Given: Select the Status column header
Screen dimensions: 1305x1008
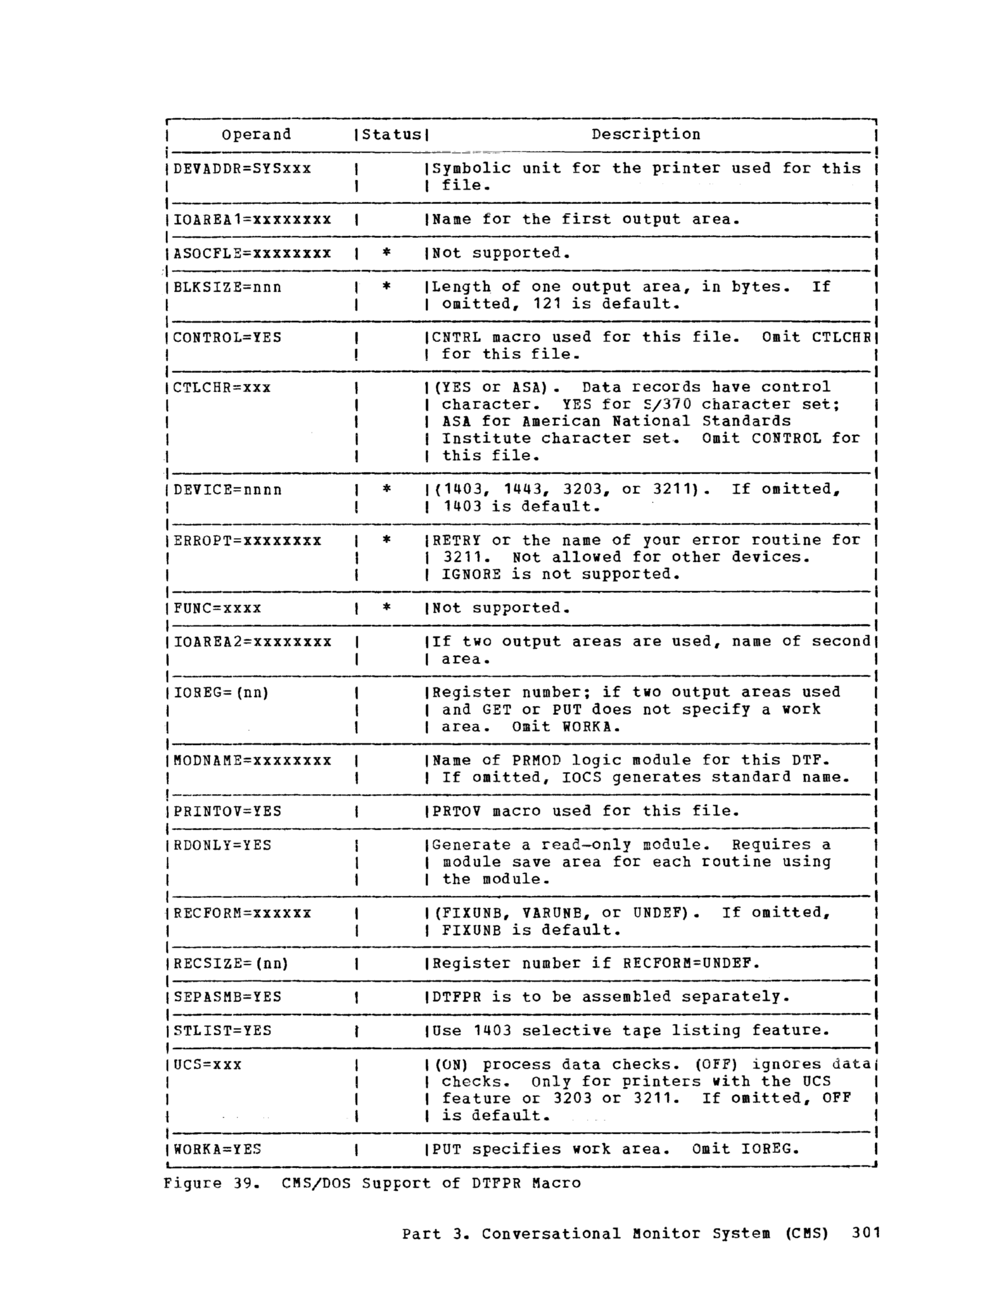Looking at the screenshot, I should tap(392, 135).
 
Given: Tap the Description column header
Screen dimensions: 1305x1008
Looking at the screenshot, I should tap(645, 135).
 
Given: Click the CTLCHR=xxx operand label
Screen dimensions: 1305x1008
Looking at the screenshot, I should tap(221, 388).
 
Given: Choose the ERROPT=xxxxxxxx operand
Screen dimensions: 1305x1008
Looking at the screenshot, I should tap(247, 541).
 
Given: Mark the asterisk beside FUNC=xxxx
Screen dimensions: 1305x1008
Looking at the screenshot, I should tap(386, 608).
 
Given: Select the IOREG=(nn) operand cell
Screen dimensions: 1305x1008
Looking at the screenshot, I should tap(221, 693).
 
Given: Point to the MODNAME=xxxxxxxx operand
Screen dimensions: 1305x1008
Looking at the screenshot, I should tap(252, 761).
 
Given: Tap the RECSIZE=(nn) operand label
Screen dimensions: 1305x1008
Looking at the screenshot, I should tap(231, 964).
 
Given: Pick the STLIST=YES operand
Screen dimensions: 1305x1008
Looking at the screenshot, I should tap(222, 1031).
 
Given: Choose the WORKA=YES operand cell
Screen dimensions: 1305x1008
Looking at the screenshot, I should tap(217, 1149).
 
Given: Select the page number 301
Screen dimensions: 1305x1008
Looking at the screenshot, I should tap(866, 1234).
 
